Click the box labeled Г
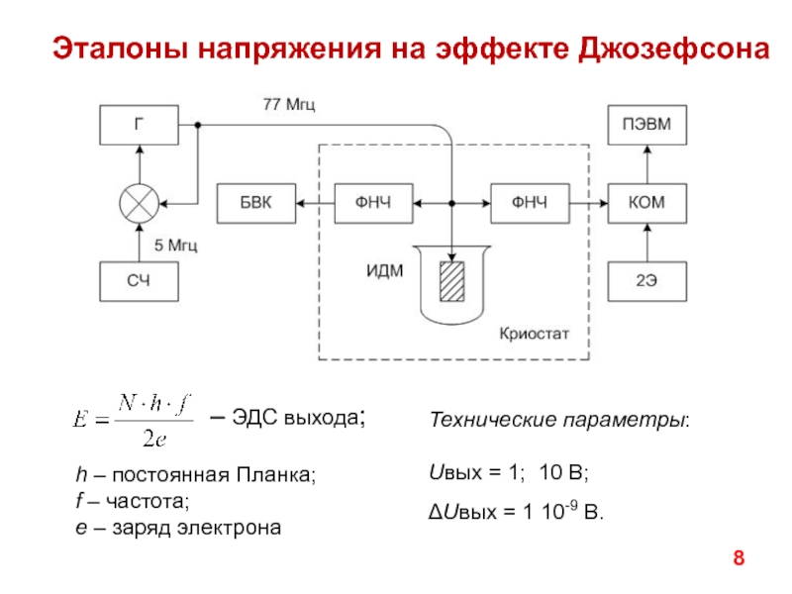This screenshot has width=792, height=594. coord(139,125)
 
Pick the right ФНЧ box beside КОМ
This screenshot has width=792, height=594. coord(530,203)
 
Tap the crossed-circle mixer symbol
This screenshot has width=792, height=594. coord(139,204)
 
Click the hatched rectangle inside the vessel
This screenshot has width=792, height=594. coord(453,281)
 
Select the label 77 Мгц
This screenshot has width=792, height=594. coord(288,103)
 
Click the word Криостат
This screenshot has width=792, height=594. coord(535,335)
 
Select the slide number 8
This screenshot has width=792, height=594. coord(738,561)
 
